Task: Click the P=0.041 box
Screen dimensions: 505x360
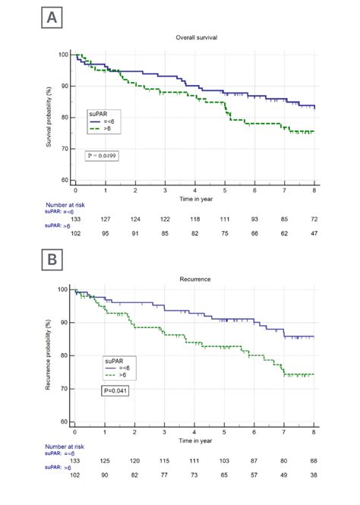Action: [x=117, y=390]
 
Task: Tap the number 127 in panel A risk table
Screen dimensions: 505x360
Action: [x=105, y=219]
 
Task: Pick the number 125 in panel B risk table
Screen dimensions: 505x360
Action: [x=105, y=461]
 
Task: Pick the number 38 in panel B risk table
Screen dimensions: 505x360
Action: [x=314, y=475]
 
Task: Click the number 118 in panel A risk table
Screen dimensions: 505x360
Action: [x=194, y=219]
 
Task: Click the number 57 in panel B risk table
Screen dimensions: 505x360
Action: [x=254, y=475]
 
